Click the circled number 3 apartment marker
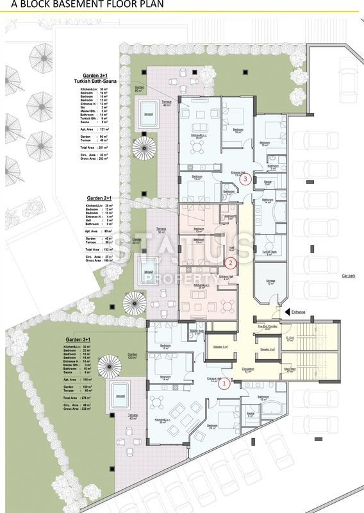247,179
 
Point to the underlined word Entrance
298,312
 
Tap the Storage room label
270,281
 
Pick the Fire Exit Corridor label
267,326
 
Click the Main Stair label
290,369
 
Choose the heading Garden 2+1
99,199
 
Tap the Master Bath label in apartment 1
196,332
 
